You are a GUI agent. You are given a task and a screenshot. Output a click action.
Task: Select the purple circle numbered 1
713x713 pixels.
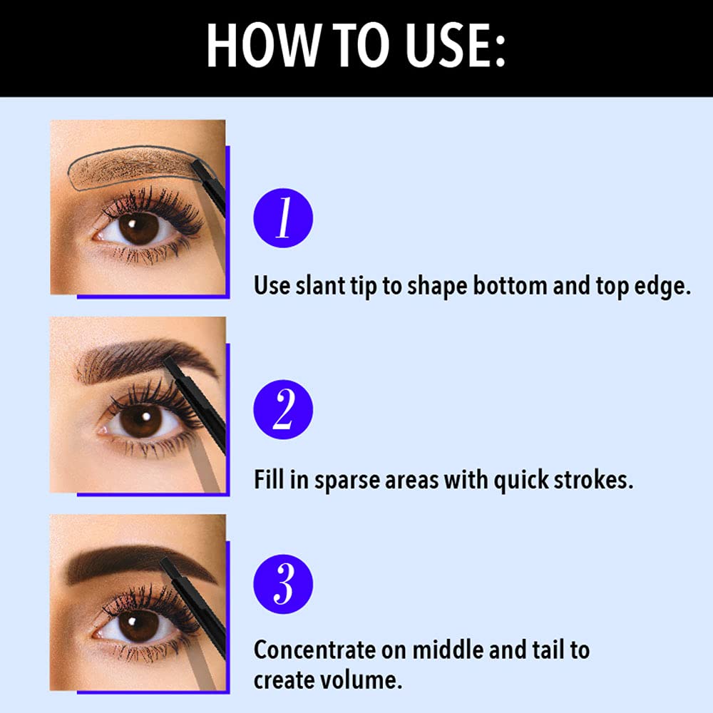click(283, 217)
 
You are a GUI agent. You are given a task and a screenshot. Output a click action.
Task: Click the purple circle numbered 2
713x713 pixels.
click(283, 409)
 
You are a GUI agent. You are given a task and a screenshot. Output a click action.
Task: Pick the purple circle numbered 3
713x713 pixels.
click(283, 584)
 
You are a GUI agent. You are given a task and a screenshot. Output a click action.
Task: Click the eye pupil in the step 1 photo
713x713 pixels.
click(138, 228)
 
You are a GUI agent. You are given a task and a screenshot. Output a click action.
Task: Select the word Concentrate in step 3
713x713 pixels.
click(314, 650)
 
